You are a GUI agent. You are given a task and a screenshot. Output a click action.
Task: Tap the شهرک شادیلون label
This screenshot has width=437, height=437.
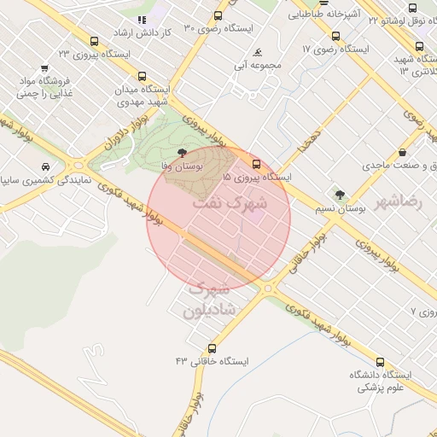click(214, 300)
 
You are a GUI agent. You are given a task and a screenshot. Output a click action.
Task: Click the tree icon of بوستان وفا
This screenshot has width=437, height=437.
click(180, 154)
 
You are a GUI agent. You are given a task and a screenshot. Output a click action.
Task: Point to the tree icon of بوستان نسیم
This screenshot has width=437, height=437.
click(341, 195)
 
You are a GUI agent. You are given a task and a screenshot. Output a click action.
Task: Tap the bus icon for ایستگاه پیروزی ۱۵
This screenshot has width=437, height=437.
click(256, 164)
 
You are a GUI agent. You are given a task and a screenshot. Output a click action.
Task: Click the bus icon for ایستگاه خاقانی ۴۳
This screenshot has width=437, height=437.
click(212, 348)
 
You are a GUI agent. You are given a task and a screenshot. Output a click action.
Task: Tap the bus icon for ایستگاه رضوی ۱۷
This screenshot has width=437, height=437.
click(335, 37)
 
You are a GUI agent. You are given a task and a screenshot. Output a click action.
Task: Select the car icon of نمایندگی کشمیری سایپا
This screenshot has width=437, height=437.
click(45, 166)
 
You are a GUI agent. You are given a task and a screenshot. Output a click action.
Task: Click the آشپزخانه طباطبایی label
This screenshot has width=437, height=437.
click(327, 14)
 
